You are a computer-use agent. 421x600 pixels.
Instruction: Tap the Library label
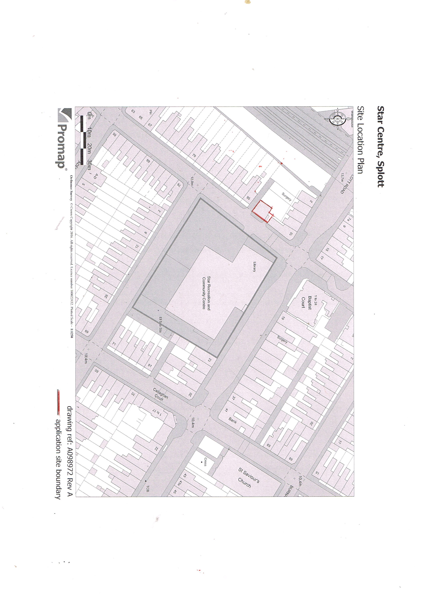pyautogui.click(x=254, y=267)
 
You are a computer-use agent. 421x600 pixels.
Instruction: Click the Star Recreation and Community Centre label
pyautogui.click(x=205, y=292)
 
